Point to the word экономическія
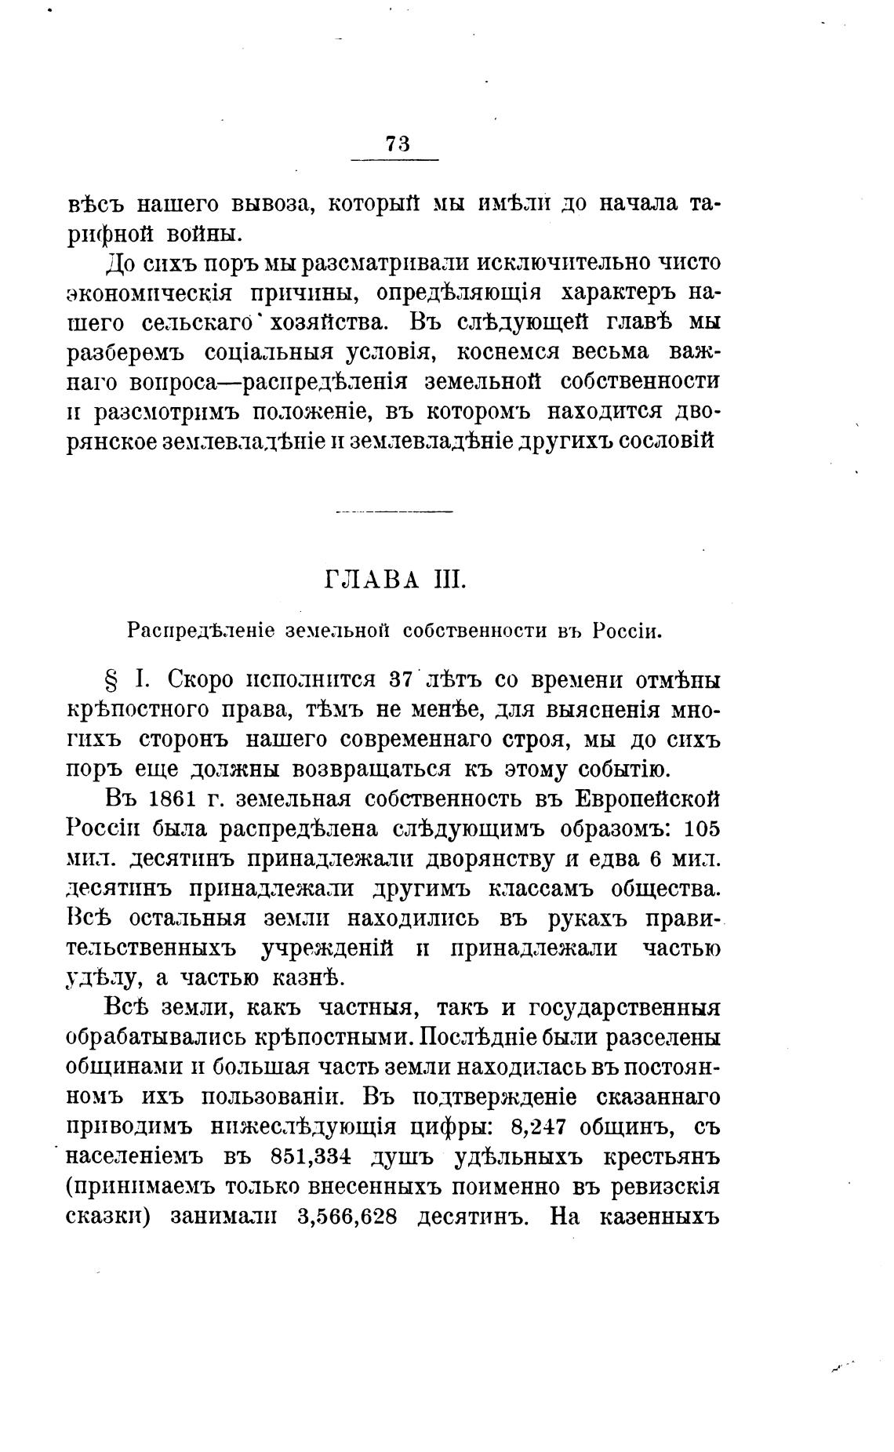click(148, 293)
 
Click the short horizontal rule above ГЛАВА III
click(394, 512)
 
